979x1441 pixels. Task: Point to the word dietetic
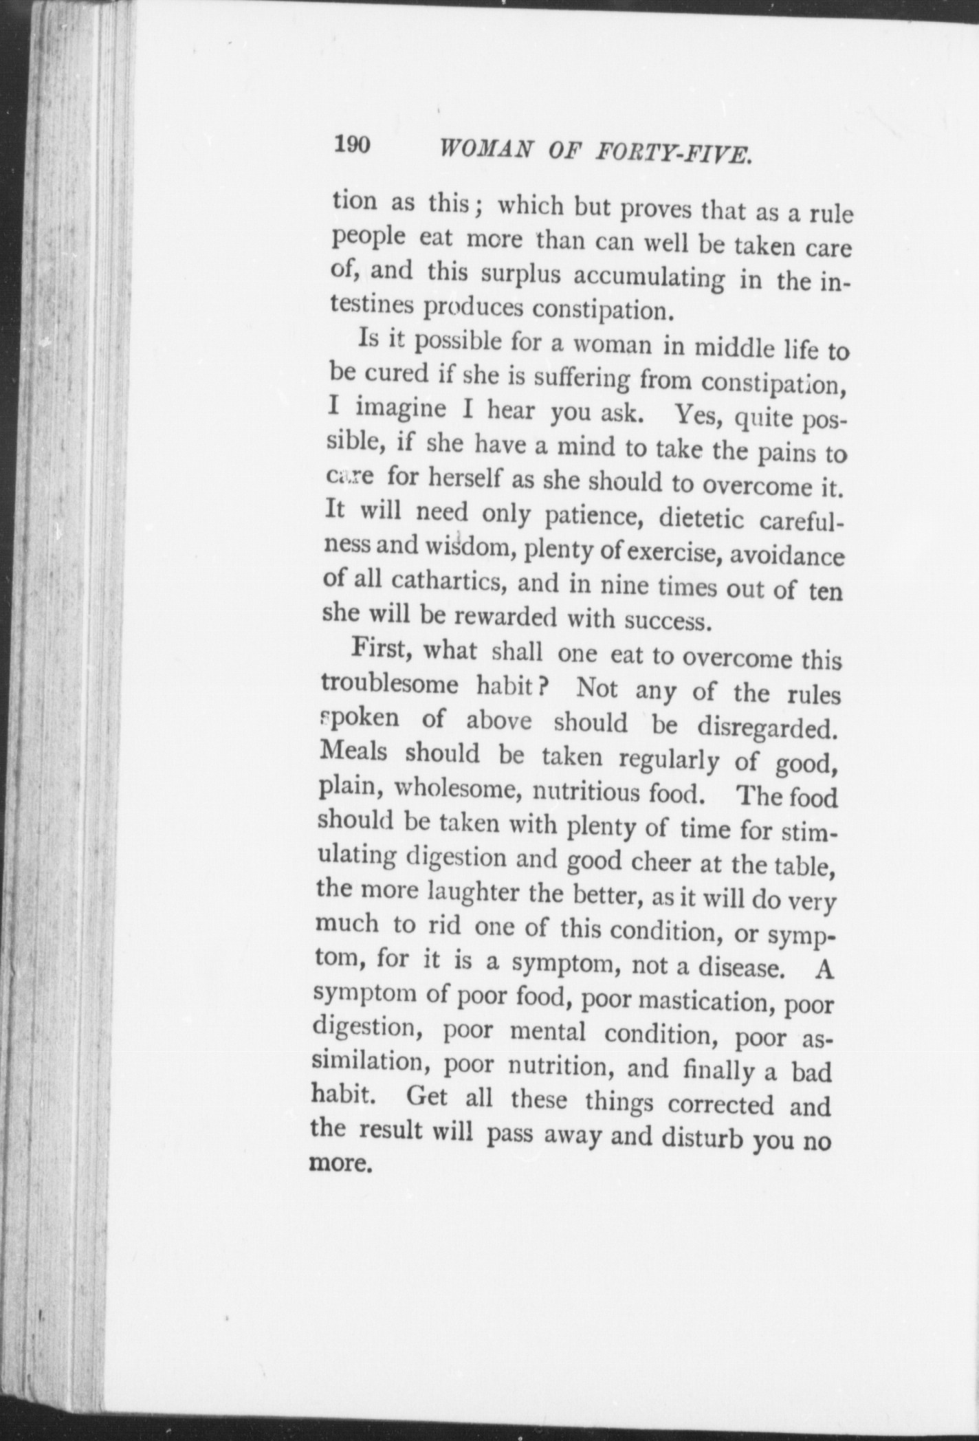pyautogui.click(x=701, y=518)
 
